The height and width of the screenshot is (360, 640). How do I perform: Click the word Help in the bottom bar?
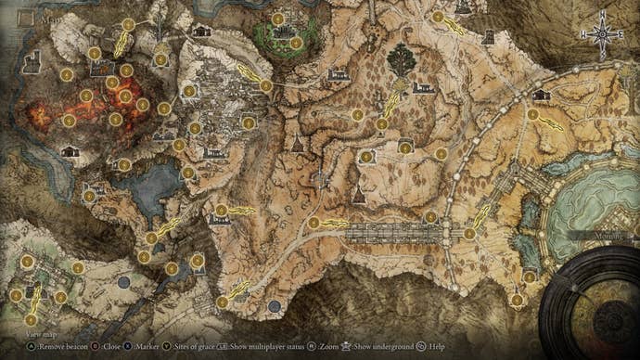(436, 347)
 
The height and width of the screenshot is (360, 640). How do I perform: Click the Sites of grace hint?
(195, 347)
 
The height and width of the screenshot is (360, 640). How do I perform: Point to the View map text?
(42, 332)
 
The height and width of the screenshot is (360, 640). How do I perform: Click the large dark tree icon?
(402, 60)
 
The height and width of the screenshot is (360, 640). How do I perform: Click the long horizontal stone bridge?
(394, 232)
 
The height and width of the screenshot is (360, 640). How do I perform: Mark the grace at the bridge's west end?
(314, 223)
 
